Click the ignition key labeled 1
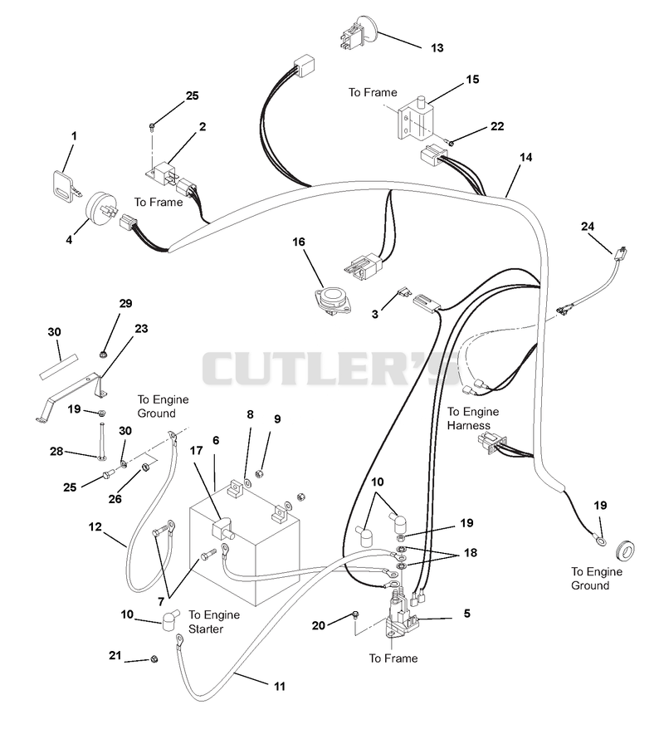(66, 187)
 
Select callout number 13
(437, 48)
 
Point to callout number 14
(525, 158)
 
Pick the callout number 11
(280, 686)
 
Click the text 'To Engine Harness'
(472, 418)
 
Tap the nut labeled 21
(154, 659)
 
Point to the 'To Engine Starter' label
(214, 622)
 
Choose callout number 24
(587, 227)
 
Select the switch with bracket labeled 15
(416, 118)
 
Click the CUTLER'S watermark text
(330, 368)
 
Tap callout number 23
(141, 329)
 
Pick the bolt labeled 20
(355, 614)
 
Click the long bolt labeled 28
(102, 442)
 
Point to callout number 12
(95, 526)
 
